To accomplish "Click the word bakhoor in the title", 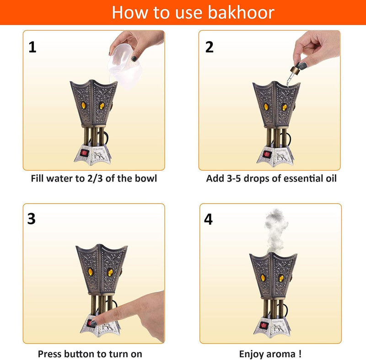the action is [241, 12].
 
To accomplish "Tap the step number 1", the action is [32, 47].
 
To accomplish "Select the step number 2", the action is [210, 47].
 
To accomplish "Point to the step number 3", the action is [32, 218].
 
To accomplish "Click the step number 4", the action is [208, 219].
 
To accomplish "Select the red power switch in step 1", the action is [84, 153].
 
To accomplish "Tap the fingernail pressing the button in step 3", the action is [93, 323].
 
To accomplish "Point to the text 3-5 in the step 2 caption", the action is [234, 178].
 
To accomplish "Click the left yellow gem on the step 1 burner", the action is [84, 105].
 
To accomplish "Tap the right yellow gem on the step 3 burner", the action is [110, 272].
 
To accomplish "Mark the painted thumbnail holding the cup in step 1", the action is [134, 59].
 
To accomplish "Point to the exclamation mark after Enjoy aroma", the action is [300, 354].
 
